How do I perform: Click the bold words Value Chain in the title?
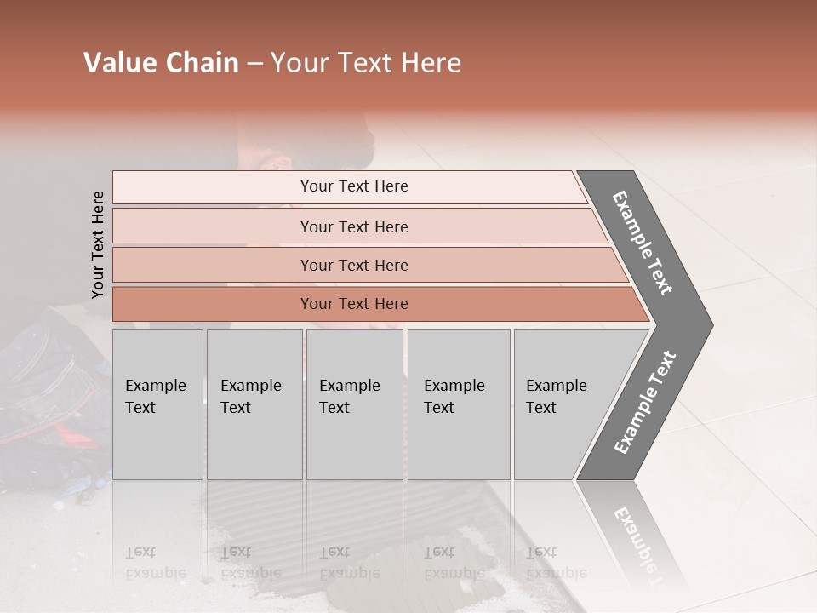tap(161, 63)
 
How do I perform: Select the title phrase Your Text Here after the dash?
tap(366, 63)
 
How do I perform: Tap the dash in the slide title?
tap(254, 64)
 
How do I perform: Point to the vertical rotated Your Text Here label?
tap(98, 245)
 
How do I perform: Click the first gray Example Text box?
tap(157, 404)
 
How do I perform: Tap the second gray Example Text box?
tap(254, 404)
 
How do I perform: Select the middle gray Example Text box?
tap(354, 404)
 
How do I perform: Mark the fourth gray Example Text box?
tap(459, 404)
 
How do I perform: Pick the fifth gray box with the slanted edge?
tap(566, 404)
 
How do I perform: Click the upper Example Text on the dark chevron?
tap(643, 243)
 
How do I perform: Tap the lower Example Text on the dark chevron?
tap(645, 403)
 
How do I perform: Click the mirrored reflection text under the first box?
tap(155, 562)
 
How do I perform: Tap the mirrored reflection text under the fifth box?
tap(556, 562)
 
